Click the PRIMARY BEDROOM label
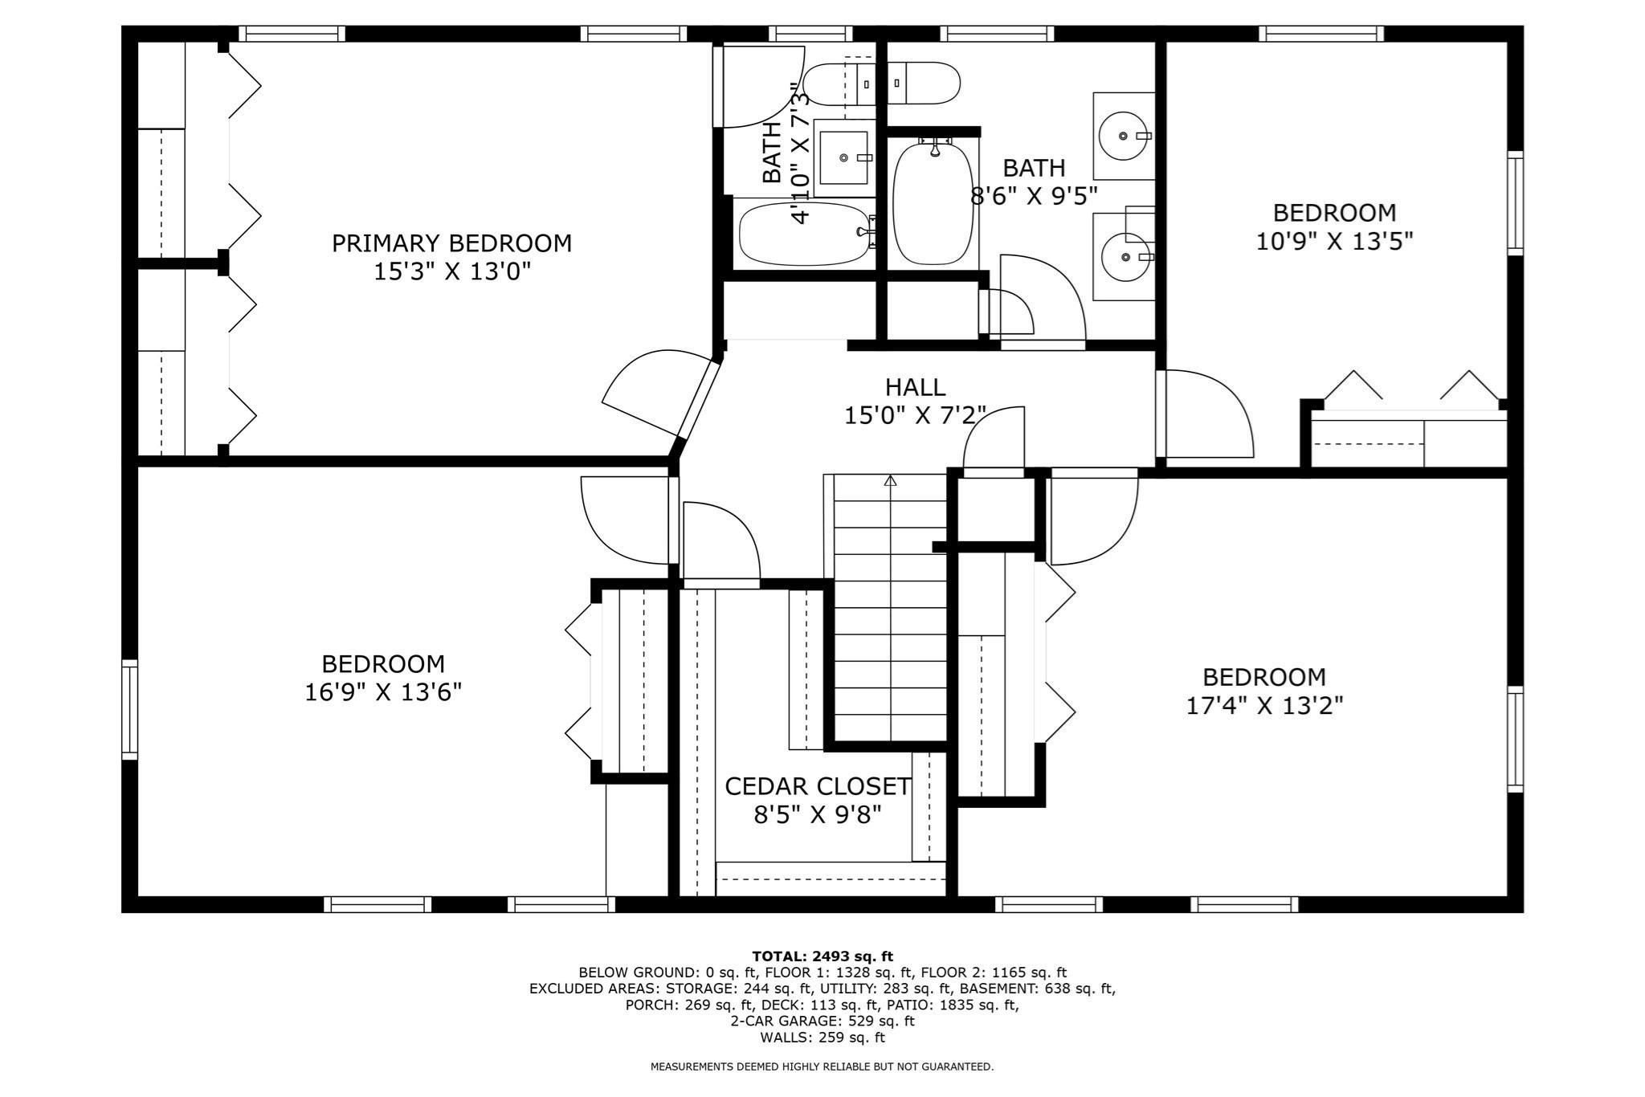coord(451,243)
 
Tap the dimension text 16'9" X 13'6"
coord(382,692)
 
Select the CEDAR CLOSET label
coord(818,786)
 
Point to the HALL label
coord(915,388)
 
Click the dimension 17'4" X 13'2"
coord(1264,706)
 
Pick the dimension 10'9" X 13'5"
coord(1334,242)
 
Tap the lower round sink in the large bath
coord(1125,256)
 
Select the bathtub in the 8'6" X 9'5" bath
coord(933,204)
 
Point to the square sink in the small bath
coord(843,157)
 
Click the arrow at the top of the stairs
coord(890,481)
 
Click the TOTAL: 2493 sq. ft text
coord(822,956)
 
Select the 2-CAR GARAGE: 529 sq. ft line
coord(822,1022)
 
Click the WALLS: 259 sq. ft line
coord(822,1038)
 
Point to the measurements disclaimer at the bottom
coord(822,1067)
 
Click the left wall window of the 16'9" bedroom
coord(129,709)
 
